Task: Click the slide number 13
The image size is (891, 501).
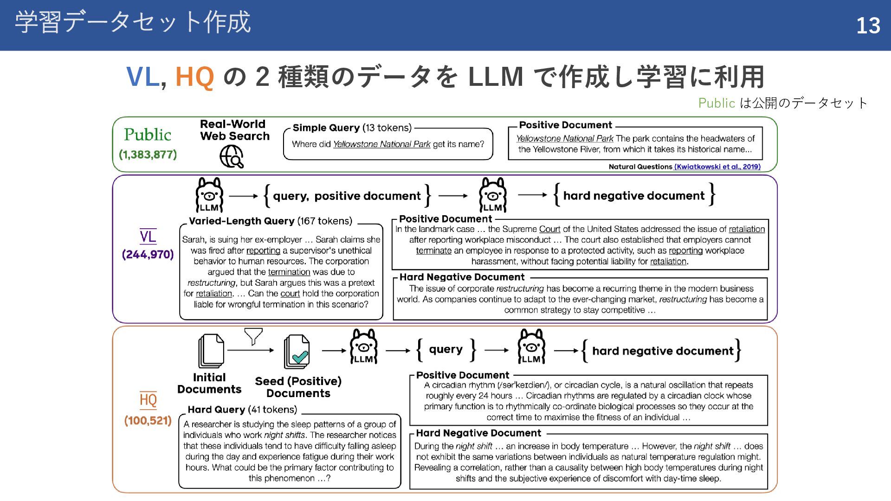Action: pyautogui.click(x=868, y=26)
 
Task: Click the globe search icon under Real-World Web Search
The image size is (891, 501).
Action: pyautogui.click(x=232, y=156)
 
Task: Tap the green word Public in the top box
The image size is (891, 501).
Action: pyautogui.click(x=148, y=135)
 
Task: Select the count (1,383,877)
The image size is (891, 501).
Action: pyautogui.click(x=148, y=154)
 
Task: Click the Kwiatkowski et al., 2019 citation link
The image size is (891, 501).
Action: pyautogui.click(x=717, y=167)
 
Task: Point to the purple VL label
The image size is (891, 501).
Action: pyautogui.click(x=148, y=237)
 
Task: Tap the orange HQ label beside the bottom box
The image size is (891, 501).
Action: pyautogui.click(x=148, y=400)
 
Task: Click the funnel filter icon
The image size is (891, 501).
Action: pyautogui.click(x=253, y=336)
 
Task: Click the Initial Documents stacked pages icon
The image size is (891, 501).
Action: pyautogui.click(x=211, y=351)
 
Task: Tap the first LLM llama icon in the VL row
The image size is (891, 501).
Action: pyautogui.click(x=209, y=195)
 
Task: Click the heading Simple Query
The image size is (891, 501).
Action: pyautogui.click(x=326, y=128)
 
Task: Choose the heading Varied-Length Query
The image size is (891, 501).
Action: pyautogui.click(x=241, y=221)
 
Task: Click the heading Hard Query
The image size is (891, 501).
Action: pyautogui.click(x=216, y=410)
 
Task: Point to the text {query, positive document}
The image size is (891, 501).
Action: pyautogui.click(x=347, y=196)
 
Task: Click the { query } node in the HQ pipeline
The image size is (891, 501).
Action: pyautogui.click(x=445, y=350)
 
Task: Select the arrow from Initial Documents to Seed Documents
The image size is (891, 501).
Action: pyautogui.click(x=251, y=350)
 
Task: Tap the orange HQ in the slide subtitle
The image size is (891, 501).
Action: pyautogui.click(x=194, y=77)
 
